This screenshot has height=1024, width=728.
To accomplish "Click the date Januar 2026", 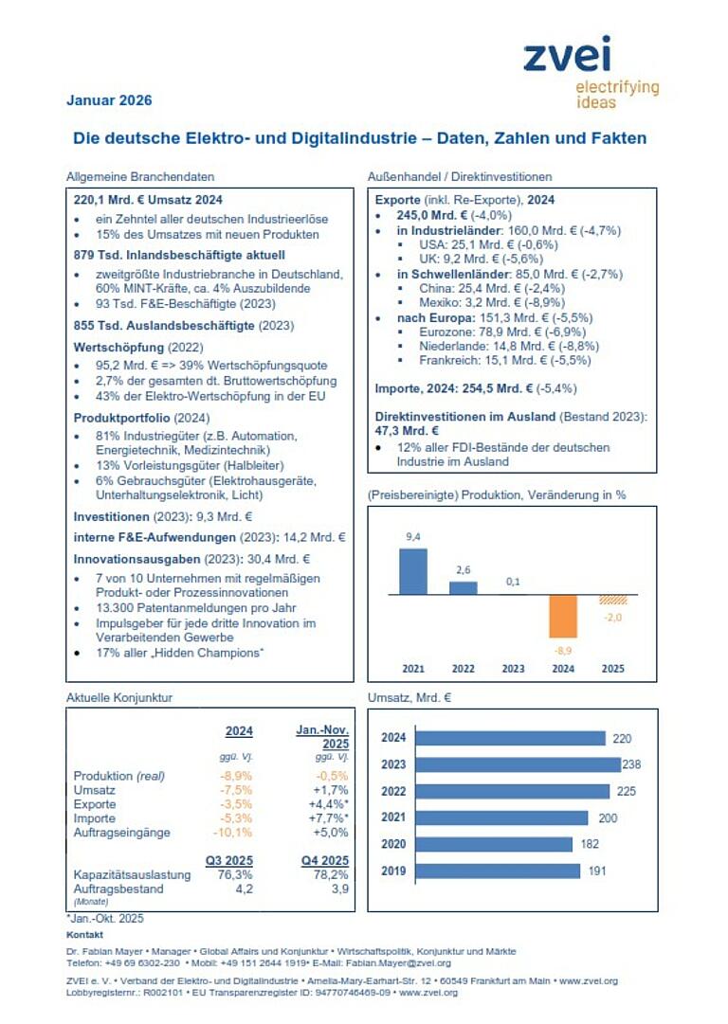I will [x=109, y=100].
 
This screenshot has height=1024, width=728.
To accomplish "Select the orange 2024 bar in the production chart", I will [x=564, y=616].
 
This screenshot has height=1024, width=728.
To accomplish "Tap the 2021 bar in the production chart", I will [x=413, y=571].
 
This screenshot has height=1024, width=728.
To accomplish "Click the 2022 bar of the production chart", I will [x=464, y=587].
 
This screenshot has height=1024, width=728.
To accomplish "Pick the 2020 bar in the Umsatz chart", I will [x=494, y=844].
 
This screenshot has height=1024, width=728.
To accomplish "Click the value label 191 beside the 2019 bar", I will [x=595, y=871].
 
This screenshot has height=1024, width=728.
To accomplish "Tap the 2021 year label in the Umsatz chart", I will [x=392, y=817].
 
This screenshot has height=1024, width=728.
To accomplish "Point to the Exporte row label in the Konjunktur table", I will [x=95, y=804].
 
